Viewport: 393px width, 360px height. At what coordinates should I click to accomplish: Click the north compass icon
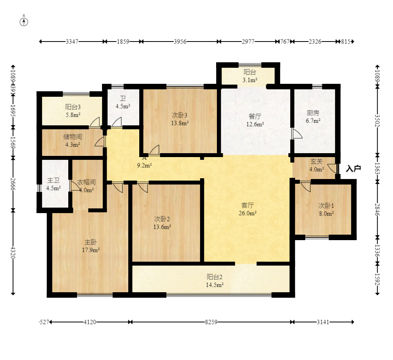pyautogui.click(x=24, y=22)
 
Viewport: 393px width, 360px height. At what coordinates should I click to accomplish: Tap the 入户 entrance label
pyautogui.click(x=353, y=169)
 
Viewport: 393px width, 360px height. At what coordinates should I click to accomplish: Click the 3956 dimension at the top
pyautogui.click(x=180, y=42)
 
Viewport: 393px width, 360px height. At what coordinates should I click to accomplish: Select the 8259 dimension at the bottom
pyautogui.click(x=211, y=322)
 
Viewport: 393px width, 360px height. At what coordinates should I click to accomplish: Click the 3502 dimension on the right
pyautogui.click(x=377, y=121)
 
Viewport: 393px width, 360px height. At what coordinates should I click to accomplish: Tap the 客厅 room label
pyautogui.click(x=247, y=206)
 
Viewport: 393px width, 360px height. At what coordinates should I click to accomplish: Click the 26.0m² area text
pyautogui.click(x=247, y=213)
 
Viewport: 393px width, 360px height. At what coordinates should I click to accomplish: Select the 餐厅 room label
pyautogui.click(x=255, y=116)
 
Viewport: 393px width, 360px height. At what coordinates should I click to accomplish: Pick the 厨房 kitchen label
pyautogui.click(x=313, y=113)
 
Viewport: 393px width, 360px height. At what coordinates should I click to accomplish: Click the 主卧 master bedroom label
pyautogui.click(x=91, y=242)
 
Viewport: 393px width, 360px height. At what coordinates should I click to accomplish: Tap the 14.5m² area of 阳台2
pyautogui.click(x=215, y=285)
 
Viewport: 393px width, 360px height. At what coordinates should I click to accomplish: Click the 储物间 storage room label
pyautogui.click(x=73, y=137)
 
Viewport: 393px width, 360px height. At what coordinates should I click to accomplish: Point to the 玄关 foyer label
pyautogui.click(x=316, y=162)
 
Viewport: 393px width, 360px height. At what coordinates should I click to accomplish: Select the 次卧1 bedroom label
pyautogui.click(x=326, y=206)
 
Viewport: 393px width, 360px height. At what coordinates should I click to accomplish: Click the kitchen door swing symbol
pyautogui.click(x=297, y=134)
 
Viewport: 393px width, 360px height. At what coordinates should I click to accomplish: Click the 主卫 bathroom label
pyautogui.click(x=53, y=181)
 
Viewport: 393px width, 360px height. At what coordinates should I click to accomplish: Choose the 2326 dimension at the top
pyautogui.click(x=315, y=42)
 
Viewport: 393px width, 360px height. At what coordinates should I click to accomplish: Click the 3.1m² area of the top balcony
pyautogui.click(x=250, y=80)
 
